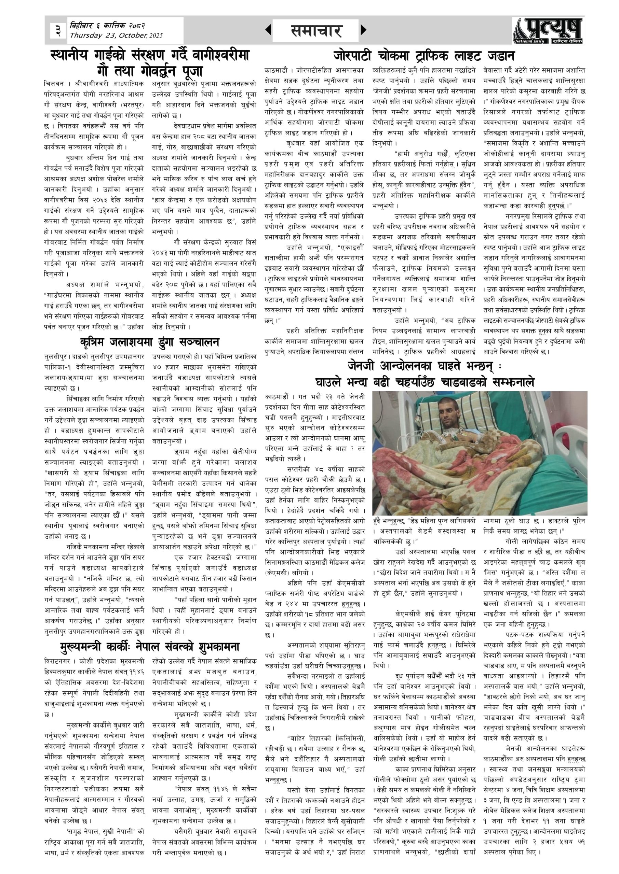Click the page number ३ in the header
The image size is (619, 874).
point(58,30)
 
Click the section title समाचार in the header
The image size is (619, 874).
point(316,31)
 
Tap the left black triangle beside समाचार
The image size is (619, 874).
point(268,30)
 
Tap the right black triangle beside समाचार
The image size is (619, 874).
point(363,30)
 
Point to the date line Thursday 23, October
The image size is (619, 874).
point(116,36)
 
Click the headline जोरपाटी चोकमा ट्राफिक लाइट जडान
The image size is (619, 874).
point(423,56)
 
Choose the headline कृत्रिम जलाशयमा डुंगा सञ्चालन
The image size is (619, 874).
point(149,342)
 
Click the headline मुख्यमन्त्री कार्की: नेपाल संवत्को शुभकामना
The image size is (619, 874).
point(149,646)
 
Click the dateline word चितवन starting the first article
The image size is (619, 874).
point(54,83)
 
